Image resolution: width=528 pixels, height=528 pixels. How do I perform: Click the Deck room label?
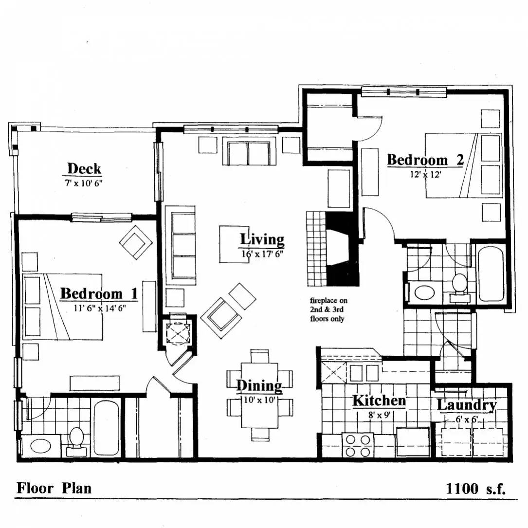point(84,168)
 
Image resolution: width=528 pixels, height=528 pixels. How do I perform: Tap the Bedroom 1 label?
point(99,293)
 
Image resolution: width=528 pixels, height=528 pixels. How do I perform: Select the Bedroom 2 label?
point(425,160)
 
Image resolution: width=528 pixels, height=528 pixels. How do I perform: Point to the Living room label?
point(262,239)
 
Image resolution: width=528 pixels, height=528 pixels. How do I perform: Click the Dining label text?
point(259,386)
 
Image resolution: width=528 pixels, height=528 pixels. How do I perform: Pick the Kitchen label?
point(379,401)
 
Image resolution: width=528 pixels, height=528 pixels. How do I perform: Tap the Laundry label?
point(467,405)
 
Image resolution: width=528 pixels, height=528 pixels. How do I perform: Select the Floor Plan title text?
point(54,488)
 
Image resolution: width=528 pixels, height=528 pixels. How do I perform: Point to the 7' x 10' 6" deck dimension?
point(84,183)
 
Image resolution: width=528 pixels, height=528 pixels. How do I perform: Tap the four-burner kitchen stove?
point(358,445)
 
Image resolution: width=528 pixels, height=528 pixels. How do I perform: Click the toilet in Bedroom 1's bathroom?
point(76,441)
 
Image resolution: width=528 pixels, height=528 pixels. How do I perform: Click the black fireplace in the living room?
point(341,249)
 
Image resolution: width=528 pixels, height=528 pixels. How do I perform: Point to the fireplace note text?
point(328,310)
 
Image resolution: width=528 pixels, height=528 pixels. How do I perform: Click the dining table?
point(260,395)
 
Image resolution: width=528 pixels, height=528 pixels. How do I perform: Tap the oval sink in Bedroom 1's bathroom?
point(41,446)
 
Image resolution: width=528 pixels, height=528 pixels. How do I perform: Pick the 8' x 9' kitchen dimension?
point(379,415)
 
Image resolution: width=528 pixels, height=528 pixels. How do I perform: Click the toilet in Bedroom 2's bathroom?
point(459,287)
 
